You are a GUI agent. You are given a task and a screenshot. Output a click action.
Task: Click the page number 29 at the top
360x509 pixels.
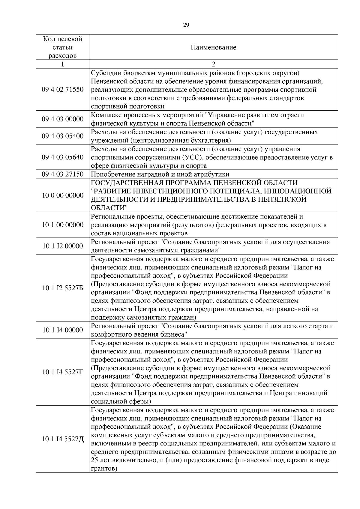click(186, 25)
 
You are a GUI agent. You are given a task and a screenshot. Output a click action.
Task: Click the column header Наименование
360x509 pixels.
click(213, 47)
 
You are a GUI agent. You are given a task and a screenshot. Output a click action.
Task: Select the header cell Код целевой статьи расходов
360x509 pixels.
click(62, 47)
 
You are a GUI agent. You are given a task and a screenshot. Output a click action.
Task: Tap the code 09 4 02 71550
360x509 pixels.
click(62, 89)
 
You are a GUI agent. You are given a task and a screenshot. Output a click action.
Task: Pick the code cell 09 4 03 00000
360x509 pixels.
click(62, 119)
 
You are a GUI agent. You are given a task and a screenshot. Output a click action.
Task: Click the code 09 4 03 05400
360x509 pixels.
click(62, 136)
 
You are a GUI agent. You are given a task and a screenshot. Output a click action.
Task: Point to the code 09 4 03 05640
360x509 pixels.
click(62, 157)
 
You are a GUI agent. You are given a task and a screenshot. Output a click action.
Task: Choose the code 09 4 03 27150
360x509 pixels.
click(62, 174)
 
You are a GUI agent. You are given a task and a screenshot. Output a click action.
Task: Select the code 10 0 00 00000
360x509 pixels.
click(62, 195)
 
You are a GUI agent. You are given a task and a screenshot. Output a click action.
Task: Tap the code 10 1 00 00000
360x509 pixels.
click(62, 225)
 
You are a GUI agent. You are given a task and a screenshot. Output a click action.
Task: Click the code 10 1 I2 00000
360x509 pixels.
click(62, 246)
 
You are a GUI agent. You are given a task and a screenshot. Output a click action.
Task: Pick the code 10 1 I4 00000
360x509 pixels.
click(62, 330)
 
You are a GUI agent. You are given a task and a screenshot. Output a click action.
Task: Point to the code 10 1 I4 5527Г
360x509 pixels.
click(62, 372)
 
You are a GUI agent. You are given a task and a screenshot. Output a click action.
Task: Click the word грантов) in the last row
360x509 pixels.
click(104, 469)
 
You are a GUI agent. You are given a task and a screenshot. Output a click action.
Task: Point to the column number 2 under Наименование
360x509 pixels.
click(213, 64)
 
